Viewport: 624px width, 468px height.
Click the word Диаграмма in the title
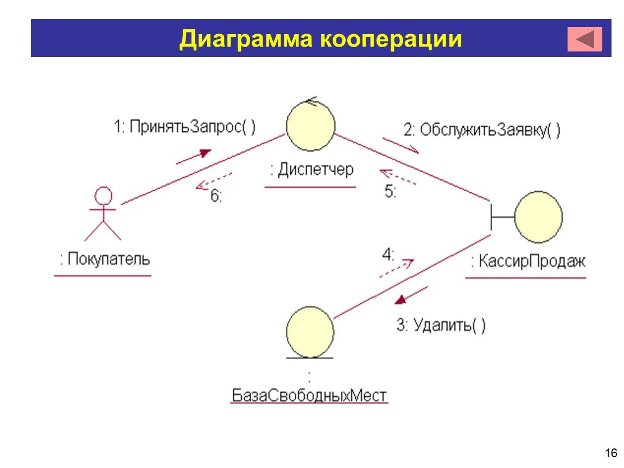click(244, 40)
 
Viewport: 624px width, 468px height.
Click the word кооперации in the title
click(391, 40)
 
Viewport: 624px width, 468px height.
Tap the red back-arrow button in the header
click(585, 39)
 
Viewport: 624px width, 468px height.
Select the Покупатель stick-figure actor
click(103, 214)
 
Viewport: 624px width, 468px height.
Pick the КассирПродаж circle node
click(538, 217)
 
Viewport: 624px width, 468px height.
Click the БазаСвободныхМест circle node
click(310, 331)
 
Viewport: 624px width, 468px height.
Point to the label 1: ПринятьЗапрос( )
click(184, 127)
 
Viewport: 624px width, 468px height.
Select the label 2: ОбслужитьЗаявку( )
click(482, 130)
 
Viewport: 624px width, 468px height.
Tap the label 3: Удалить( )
click(441, 326)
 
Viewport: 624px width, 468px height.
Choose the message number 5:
click(391, 192)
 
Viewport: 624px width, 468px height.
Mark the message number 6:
click(216, 196)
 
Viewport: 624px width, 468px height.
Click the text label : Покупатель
click(104, 259)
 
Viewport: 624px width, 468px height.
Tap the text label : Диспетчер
click(311, 170)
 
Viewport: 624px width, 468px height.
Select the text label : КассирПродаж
click(528, 262)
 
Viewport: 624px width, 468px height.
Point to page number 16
click(610, 453)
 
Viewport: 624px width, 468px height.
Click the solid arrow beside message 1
click(193, 156)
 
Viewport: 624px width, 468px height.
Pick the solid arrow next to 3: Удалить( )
click(411, 296)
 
